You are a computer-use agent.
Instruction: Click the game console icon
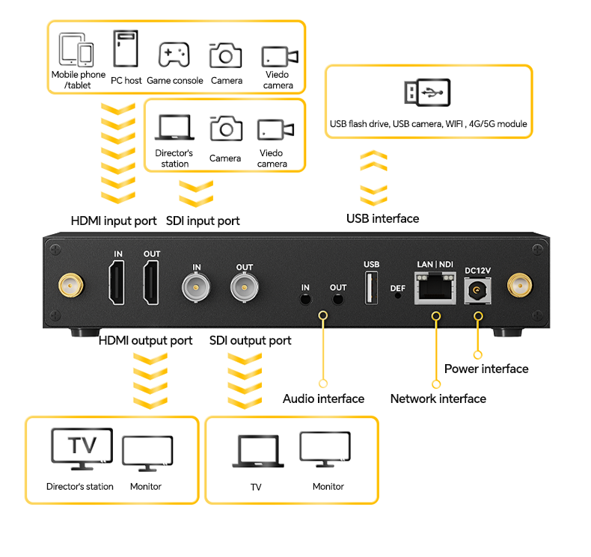[x=174, y=55]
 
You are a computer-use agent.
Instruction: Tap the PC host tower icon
[x=126, y=49]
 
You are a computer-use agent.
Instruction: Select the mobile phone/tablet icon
[x=76, y=51]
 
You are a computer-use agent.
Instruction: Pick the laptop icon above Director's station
[x=174, y=128]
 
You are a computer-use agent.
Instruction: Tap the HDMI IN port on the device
[x=118, y=284]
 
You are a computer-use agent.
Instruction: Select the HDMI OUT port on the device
[x=152, y=284]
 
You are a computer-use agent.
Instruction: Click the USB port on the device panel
[x=371, y=288]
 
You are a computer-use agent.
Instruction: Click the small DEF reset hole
[x=397, y=295]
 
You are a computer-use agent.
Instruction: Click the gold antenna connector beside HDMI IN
[x=70, y=285]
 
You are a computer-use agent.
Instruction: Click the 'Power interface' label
[x=486, y=369]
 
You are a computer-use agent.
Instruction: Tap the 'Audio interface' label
[x=323, y=398]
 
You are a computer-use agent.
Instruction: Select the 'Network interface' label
[x=438, y=398]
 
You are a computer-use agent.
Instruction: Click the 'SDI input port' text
[x=203, y=221]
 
